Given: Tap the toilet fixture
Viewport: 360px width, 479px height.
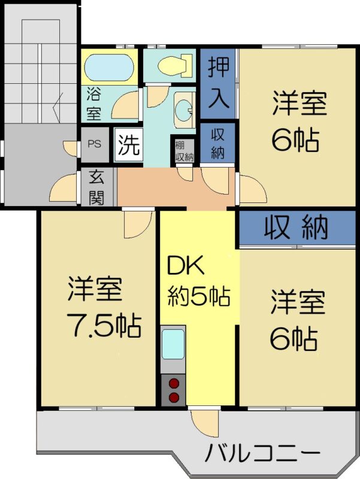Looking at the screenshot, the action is click(175, 65).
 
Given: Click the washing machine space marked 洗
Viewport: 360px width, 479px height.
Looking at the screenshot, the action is click(128, 144).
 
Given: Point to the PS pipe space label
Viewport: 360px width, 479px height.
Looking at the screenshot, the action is click(95, 144).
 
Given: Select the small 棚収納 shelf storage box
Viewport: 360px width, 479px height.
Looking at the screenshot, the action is click(184, 151).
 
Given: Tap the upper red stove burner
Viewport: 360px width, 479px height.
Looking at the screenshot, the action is click(174, 383).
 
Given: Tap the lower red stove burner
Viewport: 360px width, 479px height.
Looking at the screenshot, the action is click(174, 397).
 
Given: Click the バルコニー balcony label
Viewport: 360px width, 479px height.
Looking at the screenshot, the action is click(262, 453).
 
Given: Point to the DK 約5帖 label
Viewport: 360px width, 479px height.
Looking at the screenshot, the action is click(199, 281).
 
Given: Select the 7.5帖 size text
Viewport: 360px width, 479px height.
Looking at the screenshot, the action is click(104, 325).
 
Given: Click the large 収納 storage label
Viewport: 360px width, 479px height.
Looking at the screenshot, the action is click(296, 228).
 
